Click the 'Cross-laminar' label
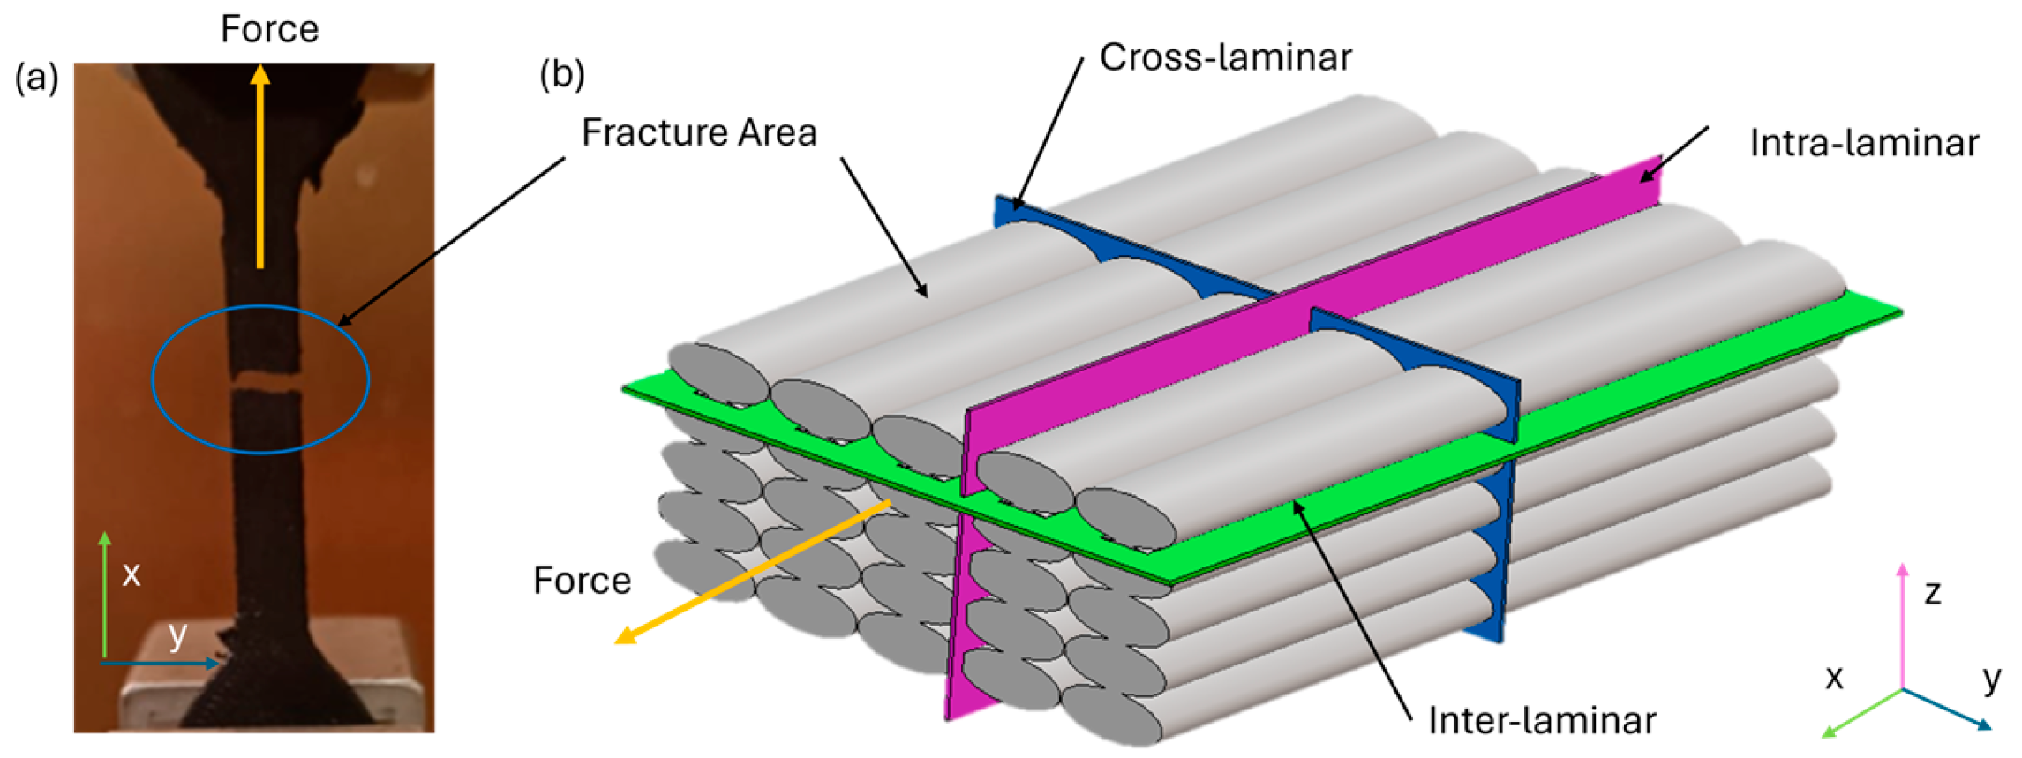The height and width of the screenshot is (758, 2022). pos(1225,58)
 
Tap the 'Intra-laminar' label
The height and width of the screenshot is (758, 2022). pos(1864,143)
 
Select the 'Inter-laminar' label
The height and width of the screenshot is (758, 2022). pos(1542,721)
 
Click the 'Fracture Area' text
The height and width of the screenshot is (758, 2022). pos(699,133)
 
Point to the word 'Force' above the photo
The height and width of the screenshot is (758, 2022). pos(269,29)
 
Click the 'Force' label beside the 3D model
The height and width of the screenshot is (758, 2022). pos(583,581)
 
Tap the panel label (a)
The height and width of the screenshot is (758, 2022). pos(37,78)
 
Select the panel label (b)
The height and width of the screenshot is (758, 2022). pos(562,74)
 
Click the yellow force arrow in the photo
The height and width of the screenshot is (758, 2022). pos(259,168)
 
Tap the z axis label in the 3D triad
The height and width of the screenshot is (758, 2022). pos(1933,592)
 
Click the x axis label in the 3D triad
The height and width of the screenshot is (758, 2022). pos(1835,678)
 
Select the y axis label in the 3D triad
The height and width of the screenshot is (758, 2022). pos(1992,678)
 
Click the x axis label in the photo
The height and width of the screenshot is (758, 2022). pos(132,574)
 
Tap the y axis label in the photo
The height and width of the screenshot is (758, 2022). pos(178,633)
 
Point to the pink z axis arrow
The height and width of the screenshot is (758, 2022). pos(1903,627)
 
